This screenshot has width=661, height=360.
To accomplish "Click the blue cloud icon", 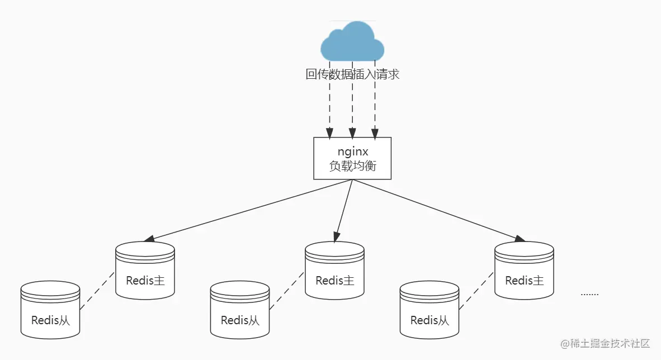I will click(x=352, y=41).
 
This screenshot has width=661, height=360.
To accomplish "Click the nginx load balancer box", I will click(x=352, y=158).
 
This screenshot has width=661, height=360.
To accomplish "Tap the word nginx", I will click(x=352, y=151).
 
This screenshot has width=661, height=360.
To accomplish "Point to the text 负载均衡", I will click(x=352, y=166).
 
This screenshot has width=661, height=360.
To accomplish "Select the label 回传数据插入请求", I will click(x=352, y=74).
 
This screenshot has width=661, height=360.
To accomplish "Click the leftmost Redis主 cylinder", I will click(x=145, y=271).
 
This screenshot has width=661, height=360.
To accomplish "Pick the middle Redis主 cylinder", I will click(x=335, y=271).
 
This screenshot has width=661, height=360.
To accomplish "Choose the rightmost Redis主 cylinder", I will click(x=525, y=271).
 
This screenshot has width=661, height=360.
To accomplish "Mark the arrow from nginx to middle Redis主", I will click(x=344, y=210).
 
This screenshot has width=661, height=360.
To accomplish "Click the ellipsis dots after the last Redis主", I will click(x=589, y=293).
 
